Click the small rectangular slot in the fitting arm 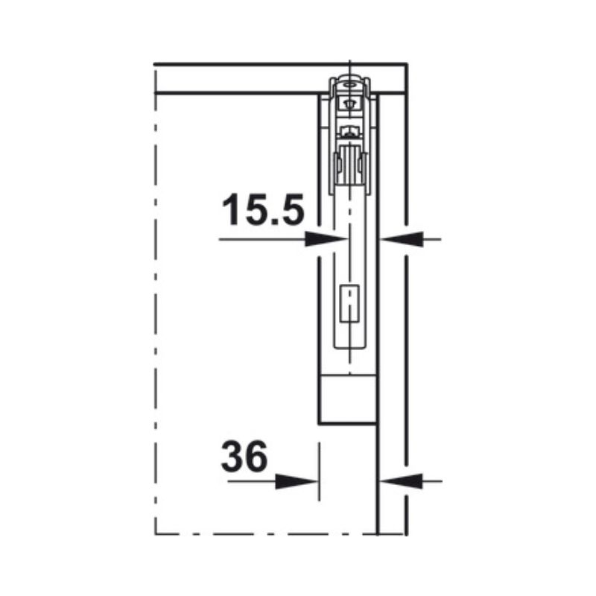[348, 304]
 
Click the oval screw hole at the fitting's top [348, 84]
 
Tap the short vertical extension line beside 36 [319, 469]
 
